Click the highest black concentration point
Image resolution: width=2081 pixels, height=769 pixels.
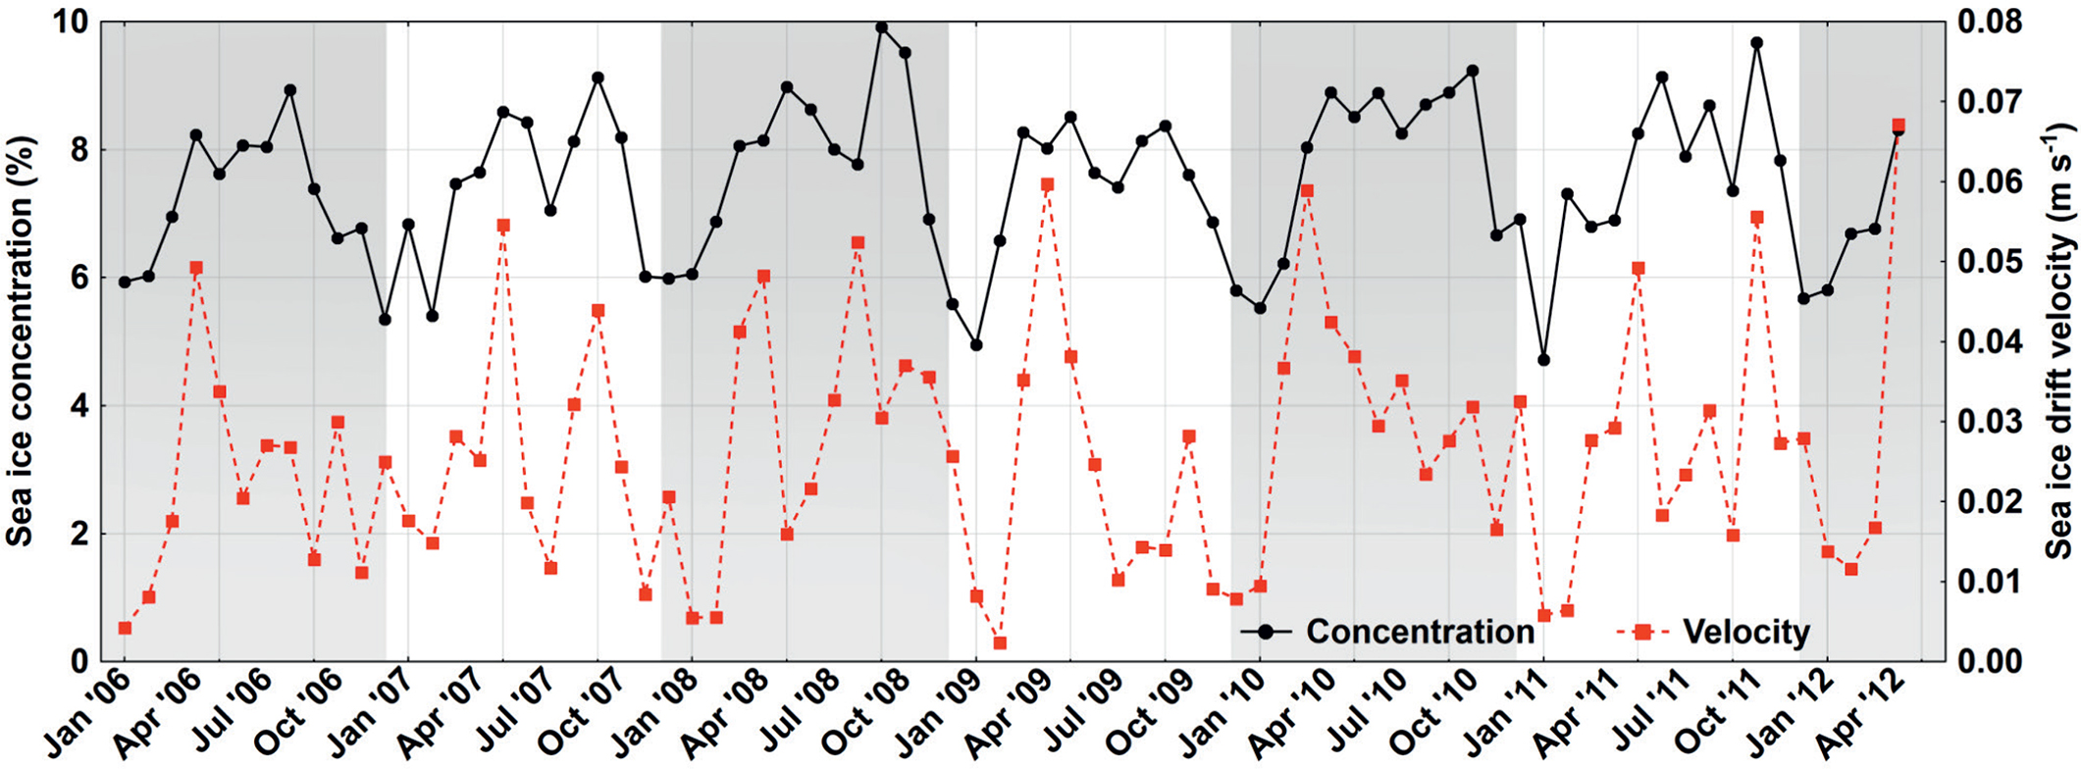[881, 27]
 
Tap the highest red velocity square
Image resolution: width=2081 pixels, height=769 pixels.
[1898, 126]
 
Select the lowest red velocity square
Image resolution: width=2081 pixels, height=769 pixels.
[1000, 642]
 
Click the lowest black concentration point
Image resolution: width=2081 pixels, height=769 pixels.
[1543, 360]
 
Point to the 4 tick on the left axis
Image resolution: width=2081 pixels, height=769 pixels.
[78, 405]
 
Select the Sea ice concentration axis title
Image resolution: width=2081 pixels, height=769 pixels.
[22, 341]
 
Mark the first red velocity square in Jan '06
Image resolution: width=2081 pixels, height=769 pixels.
[125, 628]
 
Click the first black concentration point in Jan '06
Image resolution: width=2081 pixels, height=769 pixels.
[125, 282]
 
